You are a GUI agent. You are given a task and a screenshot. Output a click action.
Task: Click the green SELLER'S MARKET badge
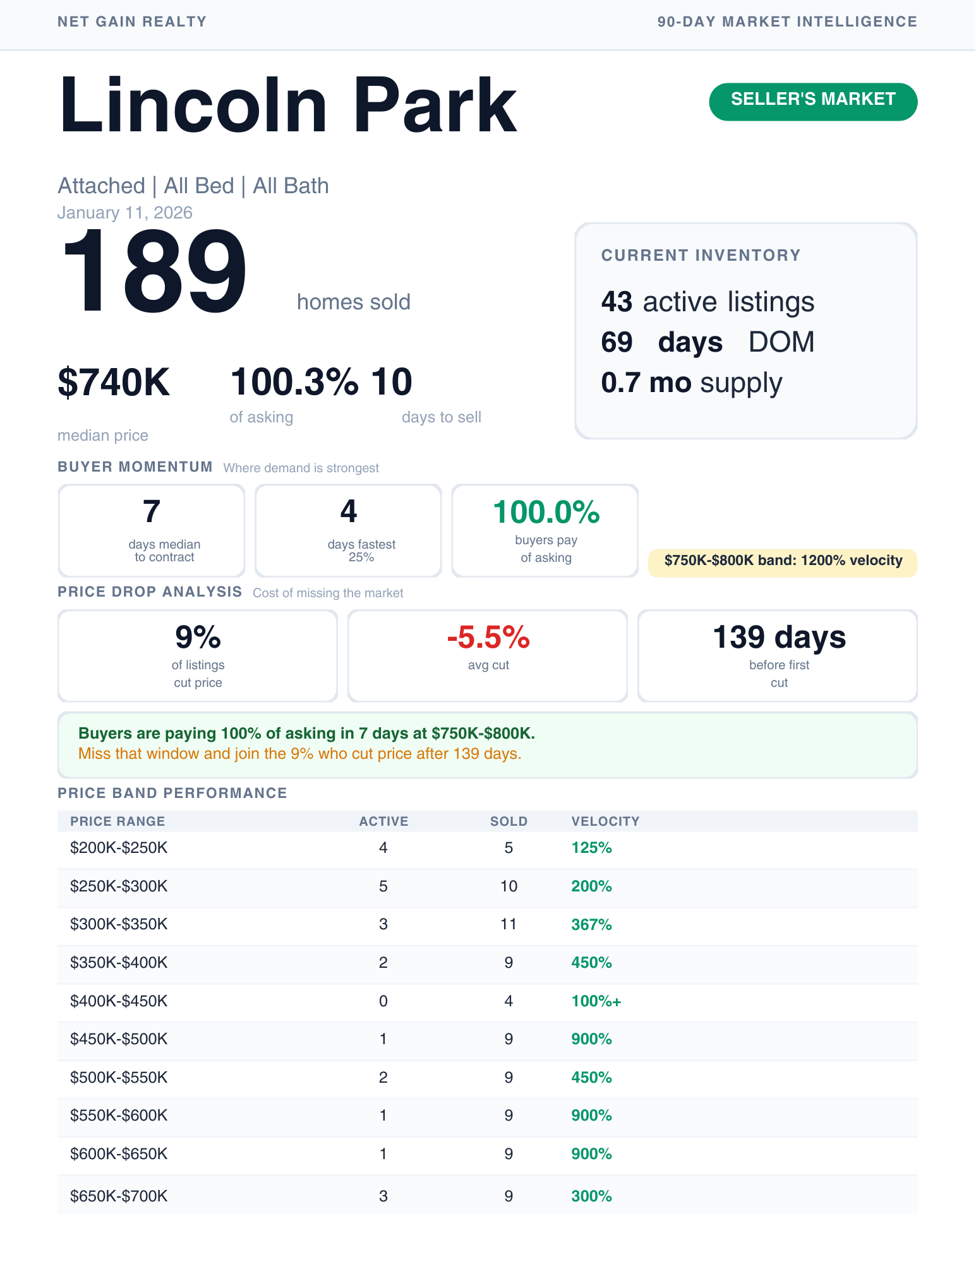coord(813,101)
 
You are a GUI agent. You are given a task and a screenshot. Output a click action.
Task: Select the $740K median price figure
coord(114,383)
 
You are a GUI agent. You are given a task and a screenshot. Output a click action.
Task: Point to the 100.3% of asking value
coord(294,383)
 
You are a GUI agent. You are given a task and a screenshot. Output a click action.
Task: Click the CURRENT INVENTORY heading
coord(701,255)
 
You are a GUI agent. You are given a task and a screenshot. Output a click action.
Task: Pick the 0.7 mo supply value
coord(691,383)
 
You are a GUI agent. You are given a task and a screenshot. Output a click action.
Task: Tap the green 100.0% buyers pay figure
coord(546,512)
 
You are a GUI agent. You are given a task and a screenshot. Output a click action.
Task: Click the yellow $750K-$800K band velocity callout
coord(783,561)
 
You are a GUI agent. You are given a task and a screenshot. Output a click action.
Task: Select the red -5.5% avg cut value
coord(488,638)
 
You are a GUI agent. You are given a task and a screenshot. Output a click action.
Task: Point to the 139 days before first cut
coord(779,638)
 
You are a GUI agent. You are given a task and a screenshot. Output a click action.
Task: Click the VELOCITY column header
coord(605,821)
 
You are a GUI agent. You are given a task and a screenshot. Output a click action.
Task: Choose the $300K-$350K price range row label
coord(119,924)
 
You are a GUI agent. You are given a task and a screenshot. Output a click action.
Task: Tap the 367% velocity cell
coord(591,925)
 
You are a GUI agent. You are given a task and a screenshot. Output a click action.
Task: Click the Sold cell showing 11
coord(509,924)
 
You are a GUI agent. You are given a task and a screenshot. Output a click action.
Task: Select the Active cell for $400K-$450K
coord(383,1001)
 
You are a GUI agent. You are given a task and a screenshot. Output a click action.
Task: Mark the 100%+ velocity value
coord(596,1001)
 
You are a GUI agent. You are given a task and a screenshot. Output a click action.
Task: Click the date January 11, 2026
coord(125,213)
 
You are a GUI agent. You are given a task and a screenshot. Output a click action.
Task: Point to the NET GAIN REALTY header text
coord(132,22)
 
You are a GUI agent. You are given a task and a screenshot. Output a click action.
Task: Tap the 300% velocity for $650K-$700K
coord(591,1196)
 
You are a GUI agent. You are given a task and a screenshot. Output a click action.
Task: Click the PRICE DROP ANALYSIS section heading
coord(150,592)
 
